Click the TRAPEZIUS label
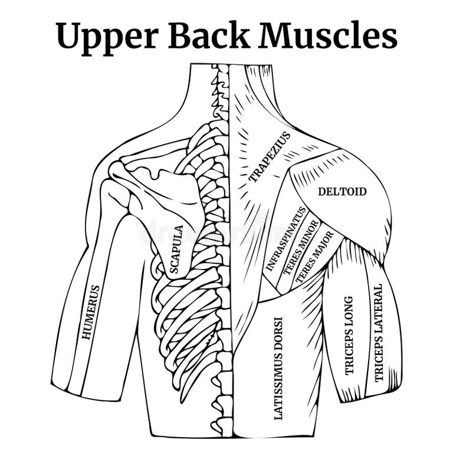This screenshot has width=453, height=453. (x=270, y=157)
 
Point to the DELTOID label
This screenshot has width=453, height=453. (x=342, y=192)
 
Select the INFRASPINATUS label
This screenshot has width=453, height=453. (x=285, y=238)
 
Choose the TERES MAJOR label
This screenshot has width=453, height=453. (x=314, y=256)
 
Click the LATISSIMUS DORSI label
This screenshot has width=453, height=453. (x=278, y=368)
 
